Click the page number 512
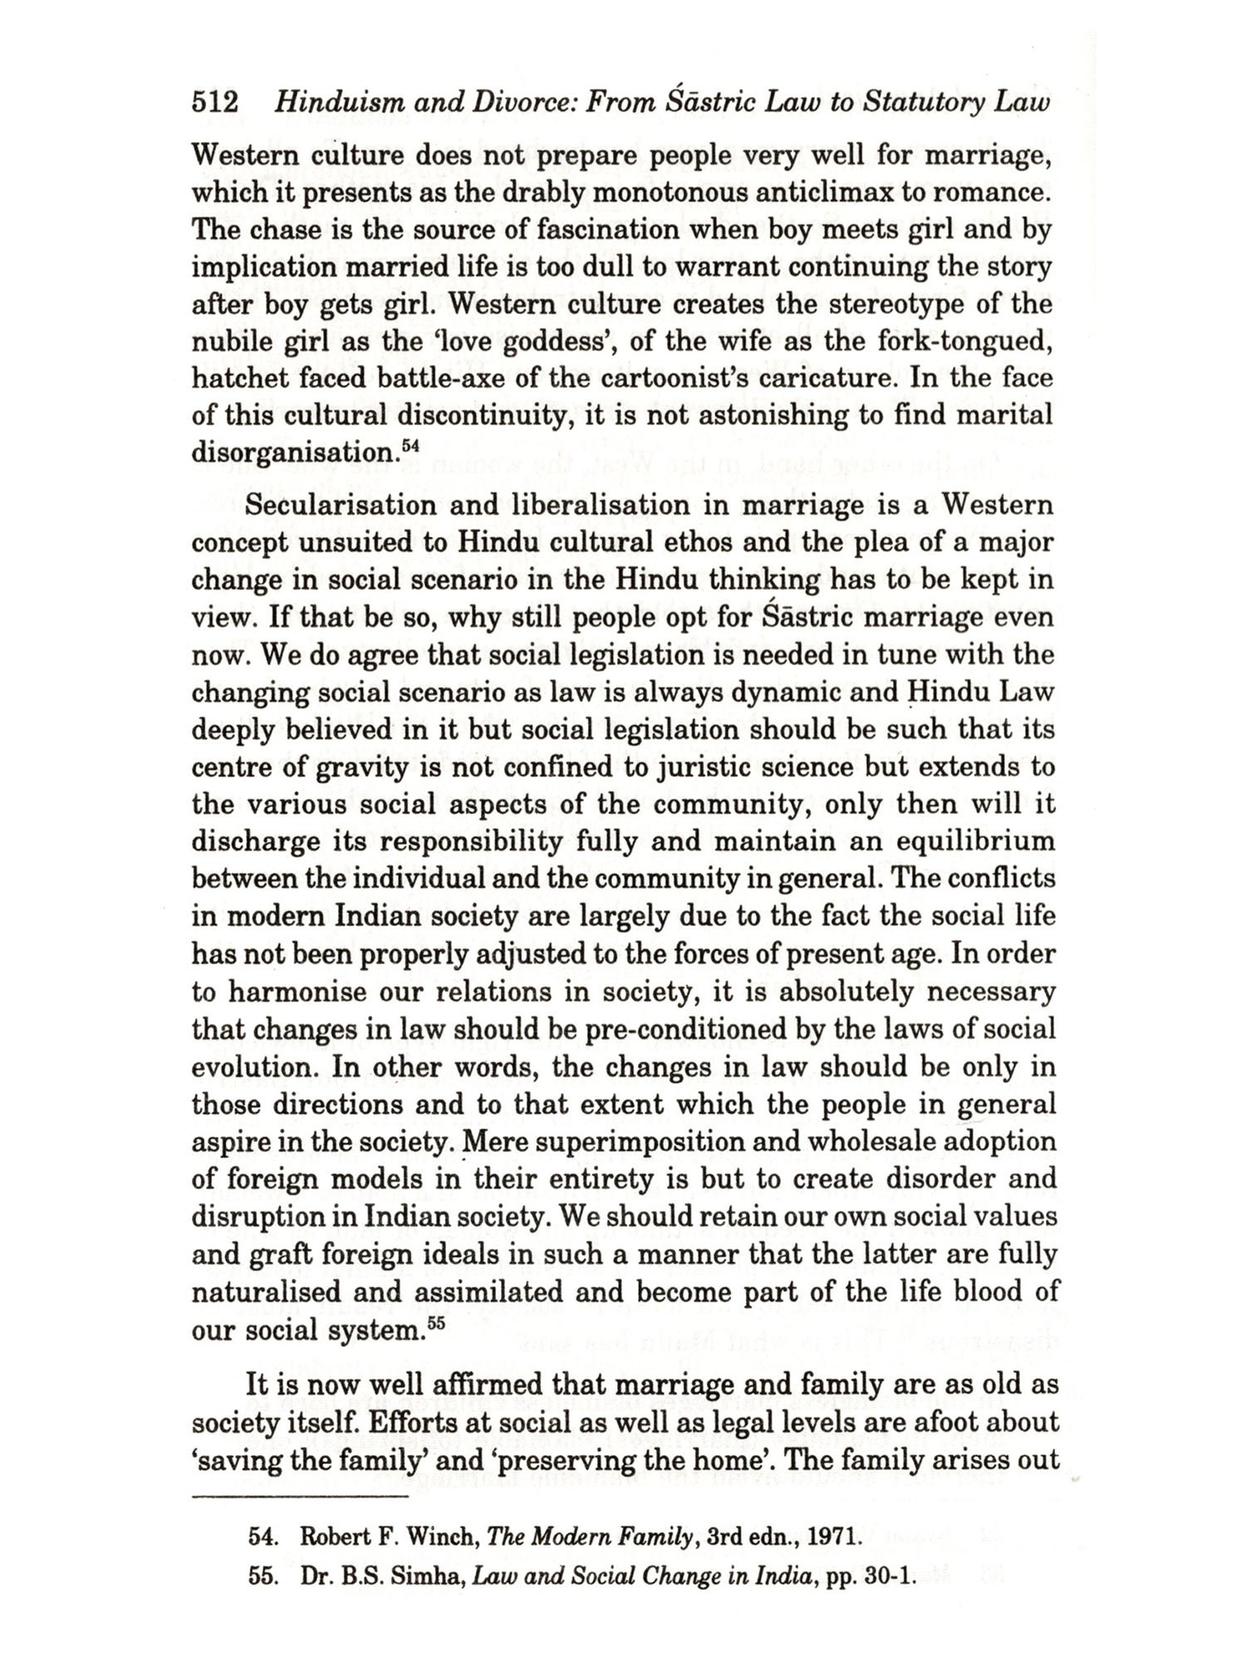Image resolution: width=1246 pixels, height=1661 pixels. click(x=215, y=103)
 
